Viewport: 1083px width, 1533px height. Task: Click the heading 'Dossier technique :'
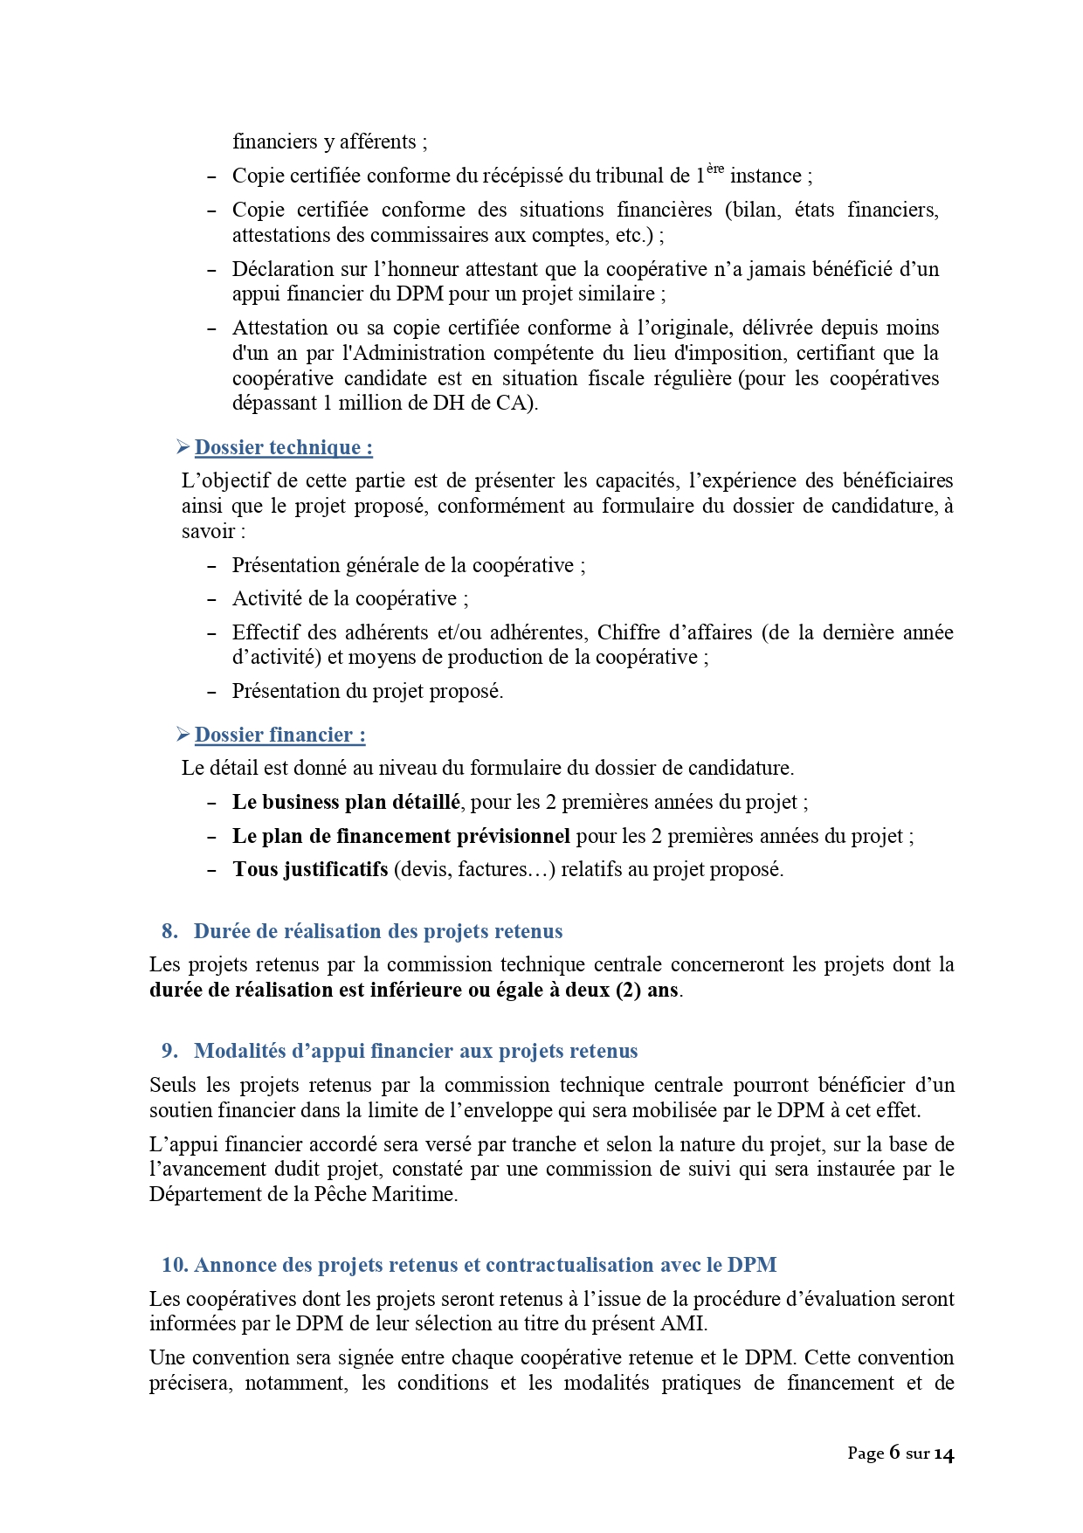coord(283,448)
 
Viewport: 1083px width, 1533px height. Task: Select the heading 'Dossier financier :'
coord(279,735)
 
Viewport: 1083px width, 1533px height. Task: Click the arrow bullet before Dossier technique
coord(183,447)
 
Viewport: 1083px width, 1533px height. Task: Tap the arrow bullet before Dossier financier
coord(183,735)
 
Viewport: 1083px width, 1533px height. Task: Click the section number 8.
coord(169,932)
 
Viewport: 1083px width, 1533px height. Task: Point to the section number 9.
coord(169,1052)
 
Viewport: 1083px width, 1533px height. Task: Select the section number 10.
coord(174,1266)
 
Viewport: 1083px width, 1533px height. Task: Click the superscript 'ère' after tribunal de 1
coord(715,169)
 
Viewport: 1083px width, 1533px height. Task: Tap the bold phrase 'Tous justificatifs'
coord(310,870)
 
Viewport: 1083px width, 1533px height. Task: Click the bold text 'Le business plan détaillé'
coord(346,803)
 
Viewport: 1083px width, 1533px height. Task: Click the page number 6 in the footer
coord(894,1453)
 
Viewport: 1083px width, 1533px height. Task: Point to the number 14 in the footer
coord(943,1454)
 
